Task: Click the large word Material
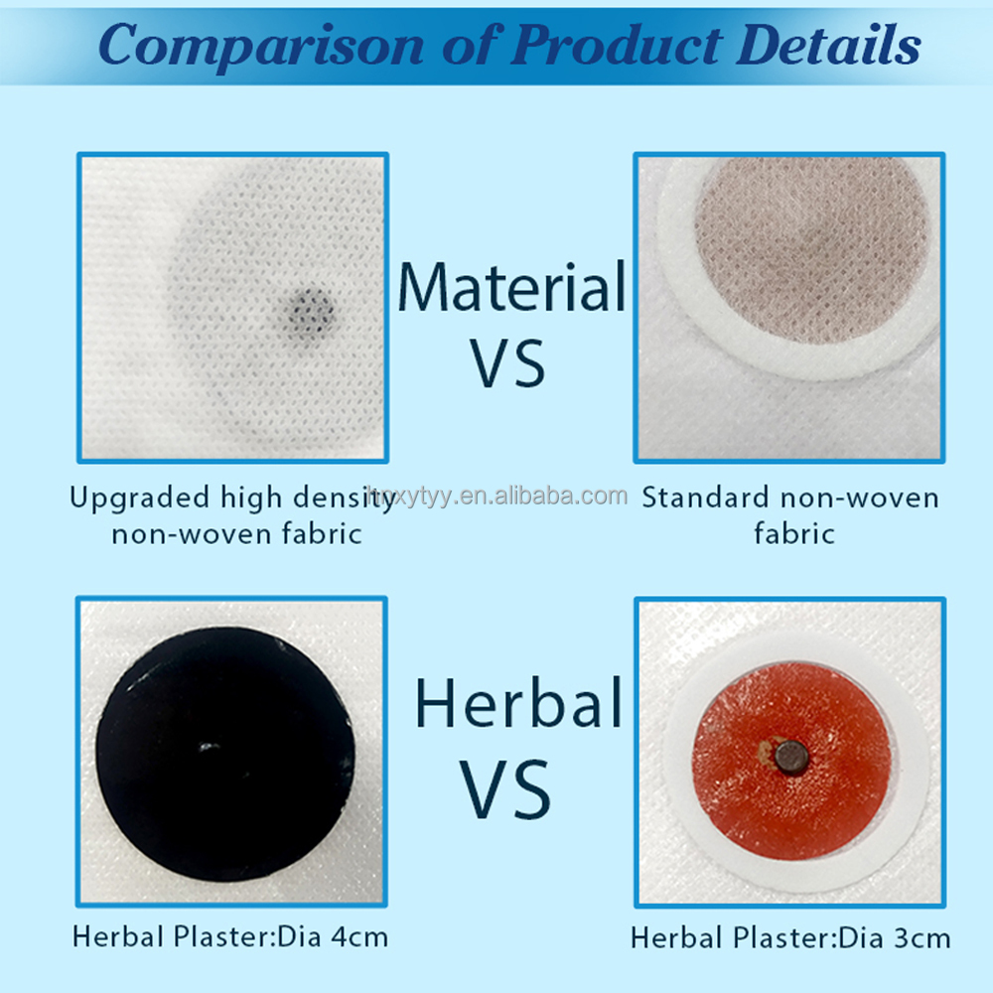[511, 288]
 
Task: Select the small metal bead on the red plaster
[791, 758]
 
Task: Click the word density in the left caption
[349, 497]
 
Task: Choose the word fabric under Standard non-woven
[793, 533]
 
